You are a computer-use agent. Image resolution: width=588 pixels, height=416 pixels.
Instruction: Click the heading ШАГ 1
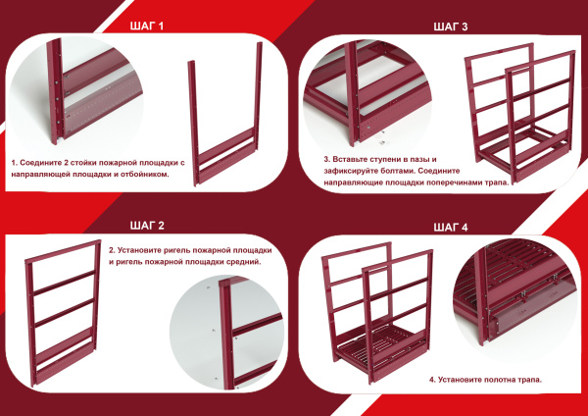(x=147, y=26)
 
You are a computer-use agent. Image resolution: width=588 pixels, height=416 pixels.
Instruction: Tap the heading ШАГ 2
(x=147, y=226)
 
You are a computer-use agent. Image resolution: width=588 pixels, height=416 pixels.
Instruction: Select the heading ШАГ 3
(x=451, y=26)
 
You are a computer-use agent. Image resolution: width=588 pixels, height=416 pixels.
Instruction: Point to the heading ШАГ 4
(x=451, y=228)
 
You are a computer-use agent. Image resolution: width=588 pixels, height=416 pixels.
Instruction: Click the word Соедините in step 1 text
(x=39, y=163)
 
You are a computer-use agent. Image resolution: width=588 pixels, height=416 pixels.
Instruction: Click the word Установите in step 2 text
(x=136, y=250)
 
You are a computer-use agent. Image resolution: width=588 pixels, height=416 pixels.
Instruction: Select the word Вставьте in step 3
(x=349, y=159)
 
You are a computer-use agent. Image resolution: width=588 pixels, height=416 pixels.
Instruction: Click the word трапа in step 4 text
(x=529, y=380)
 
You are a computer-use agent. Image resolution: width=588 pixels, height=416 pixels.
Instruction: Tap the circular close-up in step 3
(x=367, y=94)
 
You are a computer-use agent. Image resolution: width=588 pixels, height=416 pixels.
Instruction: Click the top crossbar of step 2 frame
(x=63, y=250)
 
